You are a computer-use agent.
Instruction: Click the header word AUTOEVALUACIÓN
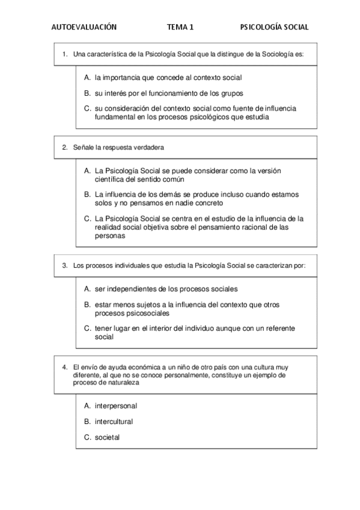click(x=84, y=27)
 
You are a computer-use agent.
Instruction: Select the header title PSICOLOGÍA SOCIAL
click(x=274, y=27)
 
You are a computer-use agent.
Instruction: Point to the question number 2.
click(x=64, y=147)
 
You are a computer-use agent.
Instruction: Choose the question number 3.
click(x=64, y=265)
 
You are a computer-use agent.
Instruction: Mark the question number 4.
click(x=64, y=366)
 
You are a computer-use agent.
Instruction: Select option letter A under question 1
click(x=88, y=78)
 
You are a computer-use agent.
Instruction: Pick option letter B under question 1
click(x=88, y=93)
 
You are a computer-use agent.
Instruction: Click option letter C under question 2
click(x=88, y=218)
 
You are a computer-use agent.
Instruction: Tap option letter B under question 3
click(x=88, y=304)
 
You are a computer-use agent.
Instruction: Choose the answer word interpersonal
click(x=116, y=406)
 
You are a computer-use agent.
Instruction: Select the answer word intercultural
click(x=114, y=422)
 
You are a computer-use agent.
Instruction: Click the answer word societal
click(x=107, y=437)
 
